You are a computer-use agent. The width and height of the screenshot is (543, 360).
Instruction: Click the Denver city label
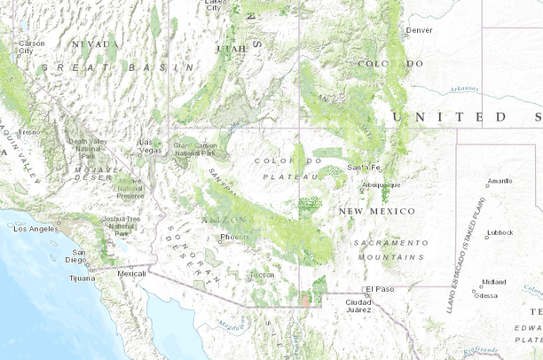[x=419, y=29]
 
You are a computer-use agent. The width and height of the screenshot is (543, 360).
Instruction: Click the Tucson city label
[x=262, y=275]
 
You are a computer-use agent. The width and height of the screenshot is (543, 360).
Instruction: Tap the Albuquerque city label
[x=382, y=184]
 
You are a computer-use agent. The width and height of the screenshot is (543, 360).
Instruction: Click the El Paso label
[x=378, y=290]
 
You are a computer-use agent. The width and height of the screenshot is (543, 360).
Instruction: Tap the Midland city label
[x=493, y=282]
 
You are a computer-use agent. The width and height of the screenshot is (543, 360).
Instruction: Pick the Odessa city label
[x=485, y=295]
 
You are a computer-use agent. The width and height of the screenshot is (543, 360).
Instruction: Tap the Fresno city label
[x=30, y=132]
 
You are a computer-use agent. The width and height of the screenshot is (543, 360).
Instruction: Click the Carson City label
[x=31, y=46]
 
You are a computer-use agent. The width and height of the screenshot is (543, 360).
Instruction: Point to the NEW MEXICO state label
[x=376, y=211]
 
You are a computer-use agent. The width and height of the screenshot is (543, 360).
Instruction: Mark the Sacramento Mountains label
[x=390, y=248]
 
